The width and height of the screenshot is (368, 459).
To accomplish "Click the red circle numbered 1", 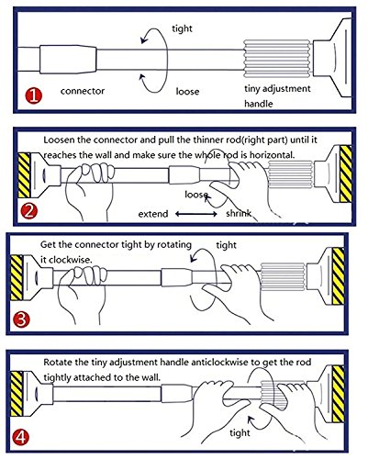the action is coord(33,95).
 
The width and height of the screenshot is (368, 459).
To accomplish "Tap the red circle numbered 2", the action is coord(28,211).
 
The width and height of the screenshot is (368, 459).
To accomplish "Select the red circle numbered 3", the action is coord(21,319).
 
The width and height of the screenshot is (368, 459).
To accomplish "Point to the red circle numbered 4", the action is coord(21,437).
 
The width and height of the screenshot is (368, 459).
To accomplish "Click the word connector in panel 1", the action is coord(83,91).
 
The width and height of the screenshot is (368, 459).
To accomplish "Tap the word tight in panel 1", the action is coord(182,28).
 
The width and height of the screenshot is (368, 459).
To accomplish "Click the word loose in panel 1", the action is coord(187,91).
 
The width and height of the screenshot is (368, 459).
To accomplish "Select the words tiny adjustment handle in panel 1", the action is coord(277,95).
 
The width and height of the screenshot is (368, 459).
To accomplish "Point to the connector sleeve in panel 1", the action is coord(68,60).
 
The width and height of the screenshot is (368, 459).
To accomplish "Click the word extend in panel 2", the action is coord(153,214).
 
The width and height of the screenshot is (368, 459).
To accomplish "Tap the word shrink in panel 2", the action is coord(239,213).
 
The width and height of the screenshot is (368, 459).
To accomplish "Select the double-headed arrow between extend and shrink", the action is coord(196,214).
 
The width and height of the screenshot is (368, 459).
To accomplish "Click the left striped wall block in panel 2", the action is coord(24,175).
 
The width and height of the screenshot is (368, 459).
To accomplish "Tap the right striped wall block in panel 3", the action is coord(339,276).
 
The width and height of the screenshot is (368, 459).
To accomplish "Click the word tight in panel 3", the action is coord(227,245).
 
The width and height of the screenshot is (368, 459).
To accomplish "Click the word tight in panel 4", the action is coord(240,432).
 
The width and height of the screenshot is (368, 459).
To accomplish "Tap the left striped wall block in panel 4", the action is coord(17,394).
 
